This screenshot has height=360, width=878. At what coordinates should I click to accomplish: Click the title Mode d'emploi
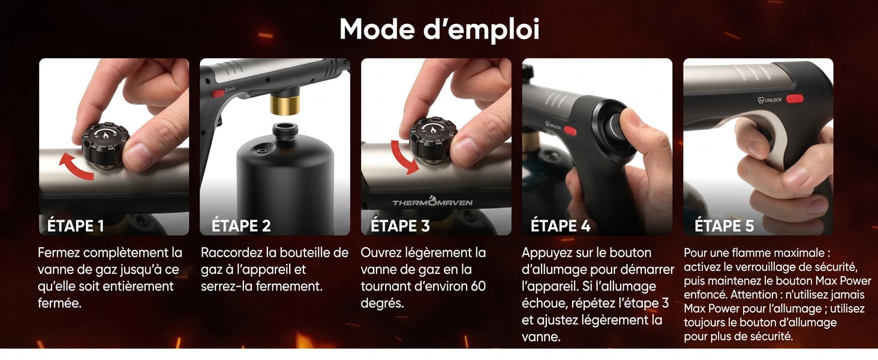(x=439, y=29)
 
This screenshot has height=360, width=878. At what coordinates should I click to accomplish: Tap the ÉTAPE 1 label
(x=76, y=226)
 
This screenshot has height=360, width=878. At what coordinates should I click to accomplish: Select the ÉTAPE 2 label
(x=241, y=226)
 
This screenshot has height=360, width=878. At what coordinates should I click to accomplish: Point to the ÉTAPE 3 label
(x=400, y=226)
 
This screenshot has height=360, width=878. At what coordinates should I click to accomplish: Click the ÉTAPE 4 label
(x=560, y=226)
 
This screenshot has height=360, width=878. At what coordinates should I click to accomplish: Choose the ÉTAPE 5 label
(x=724, y=226)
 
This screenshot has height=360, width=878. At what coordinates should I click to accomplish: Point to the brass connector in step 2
(x=285, y=103)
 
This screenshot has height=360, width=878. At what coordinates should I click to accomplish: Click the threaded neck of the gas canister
(x=285, y=131)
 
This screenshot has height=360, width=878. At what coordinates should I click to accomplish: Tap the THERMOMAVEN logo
(x=432, y=202)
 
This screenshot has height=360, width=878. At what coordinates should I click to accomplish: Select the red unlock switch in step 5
(x=795, y=98)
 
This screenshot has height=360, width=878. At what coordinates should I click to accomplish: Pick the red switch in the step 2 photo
(x=218, y=94)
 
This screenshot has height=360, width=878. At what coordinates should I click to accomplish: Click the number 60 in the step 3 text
(x=478, y=286)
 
